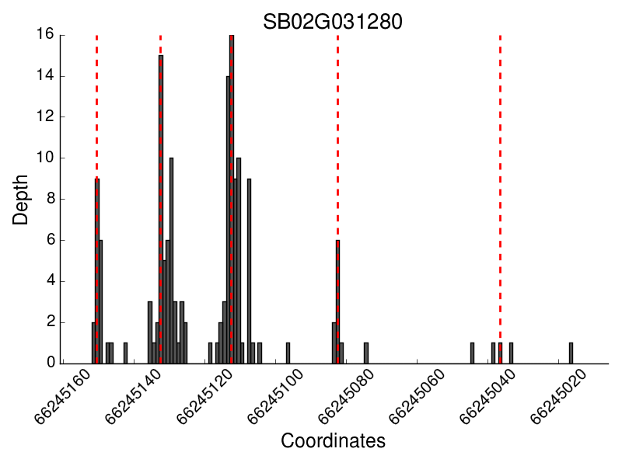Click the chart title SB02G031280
click(332, 22)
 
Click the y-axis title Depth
click(22, 199)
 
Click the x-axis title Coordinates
click(333, 441)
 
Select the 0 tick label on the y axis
click(51, 363)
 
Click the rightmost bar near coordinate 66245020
click(571, 353)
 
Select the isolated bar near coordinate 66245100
click(288, 353)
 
